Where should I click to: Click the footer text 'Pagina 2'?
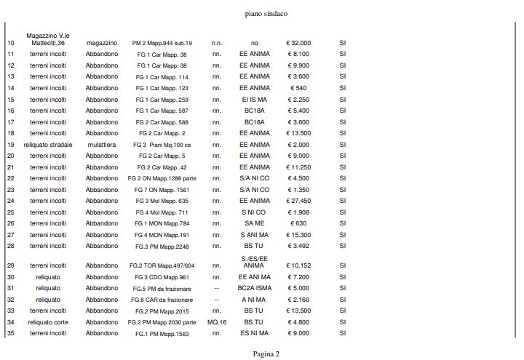coord(266,353)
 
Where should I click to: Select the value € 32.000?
coord(298,43)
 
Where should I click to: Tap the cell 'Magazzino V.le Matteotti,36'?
coord(48,39)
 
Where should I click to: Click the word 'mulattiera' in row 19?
coord(101,145)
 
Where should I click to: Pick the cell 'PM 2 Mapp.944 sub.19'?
coord(162,43)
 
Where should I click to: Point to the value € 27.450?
coord(298,201)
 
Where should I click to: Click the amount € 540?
coord(298,88)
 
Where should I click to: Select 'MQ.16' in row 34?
coord(217,321)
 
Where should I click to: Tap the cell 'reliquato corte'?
coord(48,321)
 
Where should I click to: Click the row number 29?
coord(11,265)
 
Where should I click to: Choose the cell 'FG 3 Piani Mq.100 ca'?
coord(162,145)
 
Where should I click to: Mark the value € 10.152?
coord(298,265)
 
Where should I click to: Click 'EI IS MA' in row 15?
coord(254,100)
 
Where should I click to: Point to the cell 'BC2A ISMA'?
coord(254,288)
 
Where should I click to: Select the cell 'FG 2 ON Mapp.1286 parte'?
coord(162,178)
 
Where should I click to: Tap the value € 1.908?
coord(298,212)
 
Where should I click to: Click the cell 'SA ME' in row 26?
coord(254,223)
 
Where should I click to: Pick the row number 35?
coord(11,333)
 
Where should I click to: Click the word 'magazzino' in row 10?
coord(101,43)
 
